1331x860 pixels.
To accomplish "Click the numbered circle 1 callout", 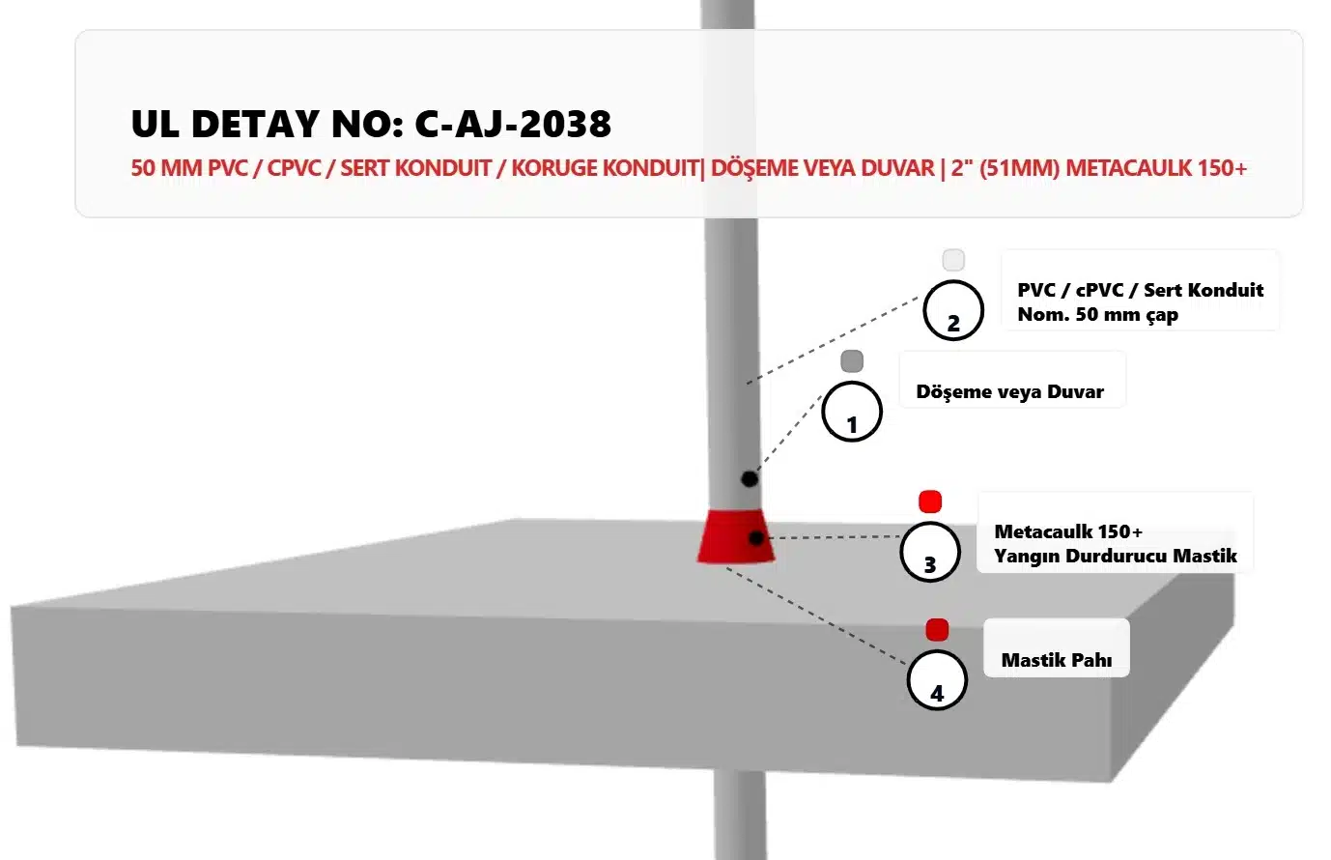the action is (852, 412).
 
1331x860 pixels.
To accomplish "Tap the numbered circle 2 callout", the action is (953, 310).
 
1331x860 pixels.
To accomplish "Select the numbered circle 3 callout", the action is (930, 552).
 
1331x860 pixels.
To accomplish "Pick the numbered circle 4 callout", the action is (937, 680).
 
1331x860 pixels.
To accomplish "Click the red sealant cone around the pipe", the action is (736, 536).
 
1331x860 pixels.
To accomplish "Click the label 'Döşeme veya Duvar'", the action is (1009, 391).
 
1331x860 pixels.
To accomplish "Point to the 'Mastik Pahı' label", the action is (1057, 660).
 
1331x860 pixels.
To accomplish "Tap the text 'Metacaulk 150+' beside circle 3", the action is (1068, 530).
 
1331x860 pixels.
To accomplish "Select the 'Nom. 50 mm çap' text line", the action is (1097, 315).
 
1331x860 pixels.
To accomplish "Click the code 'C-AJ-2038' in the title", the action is (513, 124).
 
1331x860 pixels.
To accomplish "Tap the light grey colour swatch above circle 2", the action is (953, 260).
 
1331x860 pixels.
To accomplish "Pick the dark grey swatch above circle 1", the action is (852, 361).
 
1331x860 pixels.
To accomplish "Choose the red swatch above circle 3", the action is (930, 502).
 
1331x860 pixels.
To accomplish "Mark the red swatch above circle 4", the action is (937, 630).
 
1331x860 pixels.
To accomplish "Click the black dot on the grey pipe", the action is (750, 478).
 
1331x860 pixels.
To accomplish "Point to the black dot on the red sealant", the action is (756, 538).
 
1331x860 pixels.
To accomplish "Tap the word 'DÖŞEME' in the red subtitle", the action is (750, 168).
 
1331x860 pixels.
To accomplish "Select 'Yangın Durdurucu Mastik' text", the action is (1116, 557).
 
